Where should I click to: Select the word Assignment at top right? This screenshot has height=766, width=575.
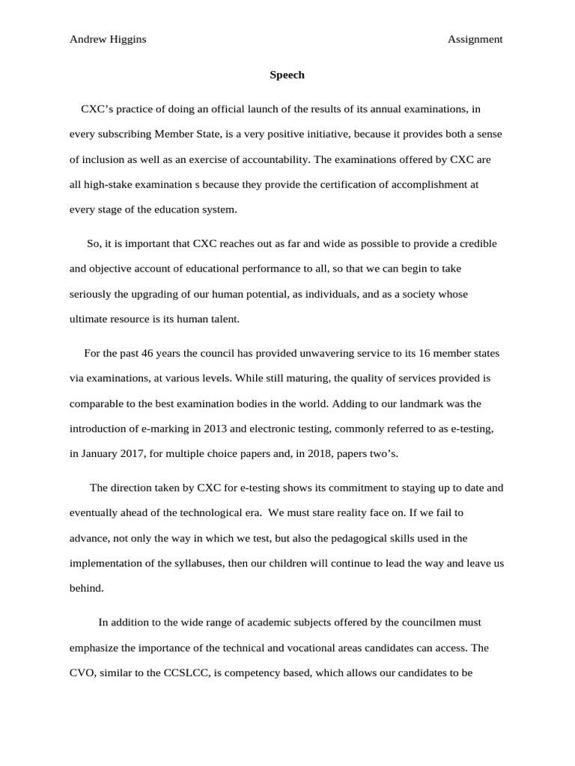475,40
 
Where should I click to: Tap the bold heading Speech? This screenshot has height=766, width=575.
287,75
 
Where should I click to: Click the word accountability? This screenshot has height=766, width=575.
276,159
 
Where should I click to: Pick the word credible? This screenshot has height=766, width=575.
476,244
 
